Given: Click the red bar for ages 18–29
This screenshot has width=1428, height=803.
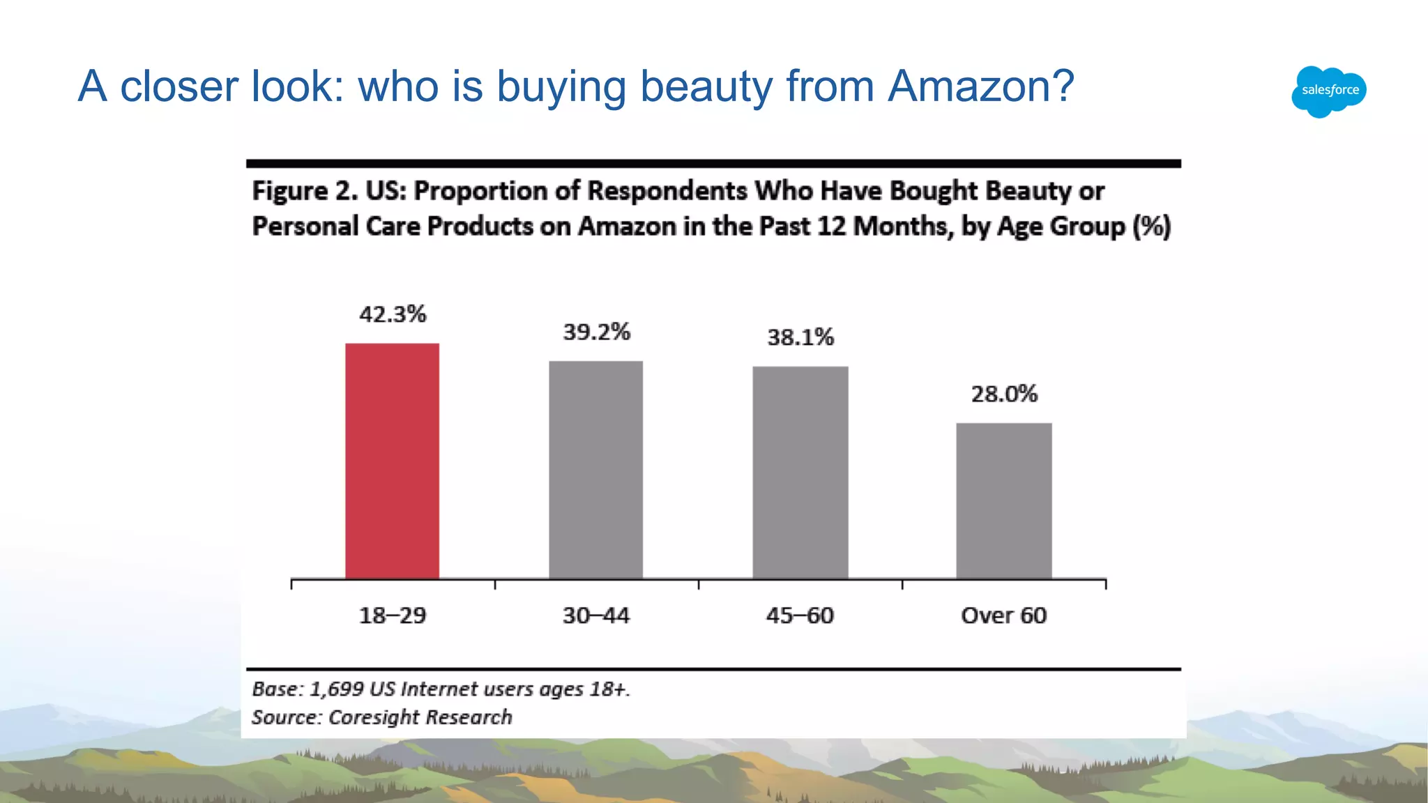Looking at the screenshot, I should pos(392,460).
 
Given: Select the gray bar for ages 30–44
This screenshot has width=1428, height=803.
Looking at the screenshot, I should pos(595,469).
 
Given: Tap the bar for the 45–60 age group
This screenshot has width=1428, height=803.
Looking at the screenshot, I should pos(800,472).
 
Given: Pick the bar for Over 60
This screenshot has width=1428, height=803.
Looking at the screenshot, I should pos(1003,500).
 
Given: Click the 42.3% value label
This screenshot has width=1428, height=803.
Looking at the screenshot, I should pos(393,314).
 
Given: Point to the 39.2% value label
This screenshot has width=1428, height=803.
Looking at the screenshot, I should pos(596,332).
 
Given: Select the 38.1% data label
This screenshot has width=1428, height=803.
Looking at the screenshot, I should pos(800,337).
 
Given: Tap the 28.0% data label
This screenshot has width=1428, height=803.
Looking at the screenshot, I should pos(1004,395).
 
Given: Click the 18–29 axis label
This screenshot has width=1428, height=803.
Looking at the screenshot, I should pos(392,615).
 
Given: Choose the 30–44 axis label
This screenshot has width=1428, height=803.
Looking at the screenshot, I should pos(595,615).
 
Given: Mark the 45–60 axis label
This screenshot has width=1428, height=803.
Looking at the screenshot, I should pos(800,615).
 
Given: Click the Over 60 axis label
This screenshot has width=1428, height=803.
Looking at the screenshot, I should pos(1003,615).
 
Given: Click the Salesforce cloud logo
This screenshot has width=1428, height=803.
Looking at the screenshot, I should pos(1328,91).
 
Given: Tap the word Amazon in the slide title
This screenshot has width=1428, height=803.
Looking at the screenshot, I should pos(980,86).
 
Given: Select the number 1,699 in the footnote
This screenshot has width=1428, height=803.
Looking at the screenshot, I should pos(337,689).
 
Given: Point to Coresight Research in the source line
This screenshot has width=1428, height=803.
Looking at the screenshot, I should pos(420,717).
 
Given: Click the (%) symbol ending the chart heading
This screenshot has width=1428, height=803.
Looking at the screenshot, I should pos(1151,227).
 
